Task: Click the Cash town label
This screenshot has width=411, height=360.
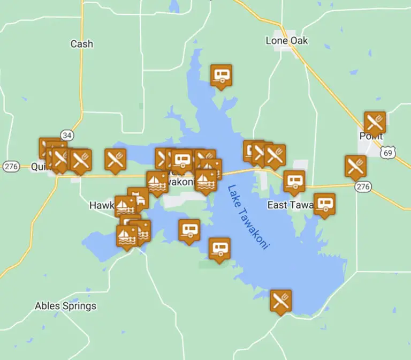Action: tap(81, 44)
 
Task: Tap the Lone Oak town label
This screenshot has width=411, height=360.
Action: tap(287, 41)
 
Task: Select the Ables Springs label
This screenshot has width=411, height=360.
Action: tap(65, 306)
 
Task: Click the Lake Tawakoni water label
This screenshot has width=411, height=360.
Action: tap(248, 216)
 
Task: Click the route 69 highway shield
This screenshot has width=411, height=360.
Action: tap(387, 153)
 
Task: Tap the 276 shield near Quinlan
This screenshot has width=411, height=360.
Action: tap(11, 166)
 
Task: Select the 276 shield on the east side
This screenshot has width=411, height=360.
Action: tap(363, 186)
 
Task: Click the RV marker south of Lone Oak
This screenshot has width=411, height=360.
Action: tap(220, 76)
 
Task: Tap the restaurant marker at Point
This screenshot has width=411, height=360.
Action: tap(375, 122)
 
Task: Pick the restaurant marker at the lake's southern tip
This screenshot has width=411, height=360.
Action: tap(280, 301)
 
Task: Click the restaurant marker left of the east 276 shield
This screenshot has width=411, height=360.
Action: tap(355, 166)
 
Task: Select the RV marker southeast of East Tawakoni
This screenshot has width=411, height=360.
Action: tap(324, 204)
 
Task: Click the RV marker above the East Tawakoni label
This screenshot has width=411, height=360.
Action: tap(294, 182)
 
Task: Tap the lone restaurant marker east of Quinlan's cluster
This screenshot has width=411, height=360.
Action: tap(115, 160)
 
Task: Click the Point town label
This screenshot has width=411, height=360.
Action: tap(371, 136)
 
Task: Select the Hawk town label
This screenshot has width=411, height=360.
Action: tap(102, 205)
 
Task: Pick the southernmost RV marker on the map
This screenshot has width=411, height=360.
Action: tap(219, 249)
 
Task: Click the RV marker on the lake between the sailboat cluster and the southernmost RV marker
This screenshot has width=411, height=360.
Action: tap(189, 230)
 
